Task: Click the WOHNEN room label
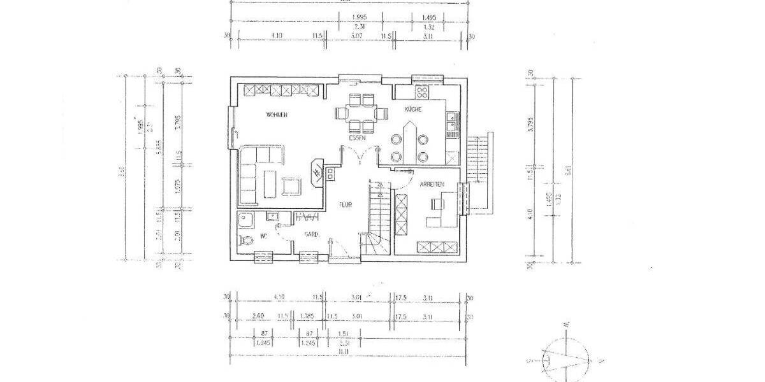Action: click(277, 115)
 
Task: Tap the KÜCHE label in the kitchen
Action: click(413, 110)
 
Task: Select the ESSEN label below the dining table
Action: click(356, 138)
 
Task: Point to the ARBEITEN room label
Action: click(432, 184)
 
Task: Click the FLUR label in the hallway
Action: click(345, 205)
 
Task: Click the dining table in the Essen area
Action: click(361, 113)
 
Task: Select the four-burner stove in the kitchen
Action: click(421, 93)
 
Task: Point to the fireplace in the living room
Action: click(317, 173)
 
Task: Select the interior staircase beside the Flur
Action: click(377, 216)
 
